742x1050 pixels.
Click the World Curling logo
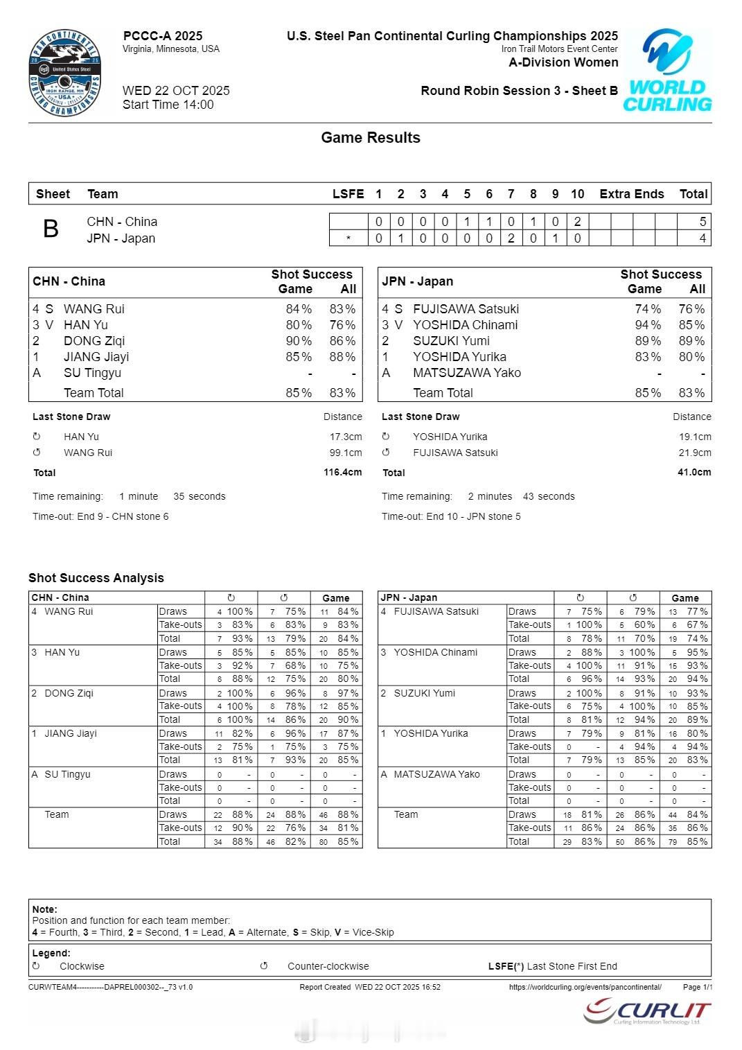[667, 71]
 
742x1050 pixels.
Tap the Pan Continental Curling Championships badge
[65, 73]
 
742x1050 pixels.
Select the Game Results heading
[371, 138]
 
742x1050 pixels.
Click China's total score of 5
[703, 222]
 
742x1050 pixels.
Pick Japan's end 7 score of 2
[511, 238]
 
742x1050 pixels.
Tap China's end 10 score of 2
[577, 222]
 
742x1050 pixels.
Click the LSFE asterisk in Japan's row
[348, 239]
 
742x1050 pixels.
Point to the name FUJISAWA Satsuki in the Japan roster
[466, 309]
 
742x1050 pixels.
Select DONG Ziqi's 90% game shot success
[299, 341]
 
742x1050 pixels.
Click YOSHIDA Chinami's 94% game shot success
[648, 325]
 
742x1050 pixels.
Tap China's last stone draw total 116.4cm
[342, 473]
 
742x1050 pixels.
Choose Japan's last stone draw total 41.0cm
[694, 473]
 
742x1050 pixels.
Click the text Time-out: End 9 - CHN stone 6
[100, 517]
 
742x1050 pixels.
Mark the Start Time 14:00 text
[168, 105]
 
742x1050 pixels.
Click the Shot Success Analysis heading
[96, 578]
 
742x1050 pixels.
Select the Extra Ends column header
[631, 194]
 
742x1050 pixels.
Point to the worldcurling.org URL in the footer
[585, 987]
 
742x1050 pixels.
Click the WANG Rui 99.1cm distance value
[346, 453]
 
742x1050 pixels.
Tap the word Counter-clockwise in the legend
[328, 966]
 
